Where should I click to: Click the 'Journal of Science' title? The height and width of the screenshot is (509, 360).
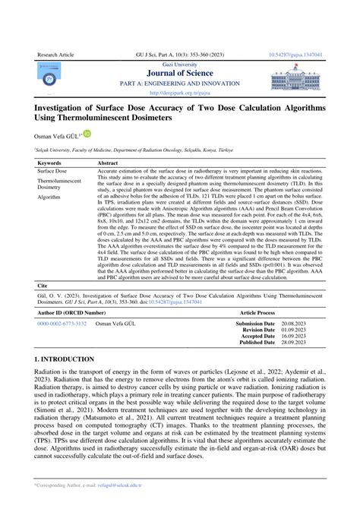coord(179,73)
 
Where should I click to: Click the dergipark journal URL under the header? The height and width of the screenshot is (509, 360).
coord(179,93)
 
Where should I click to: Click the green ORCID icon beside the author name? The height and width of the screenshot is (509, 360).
coord(87,134)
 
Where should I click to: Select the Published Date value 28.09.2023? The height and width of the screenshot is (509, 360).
coord(295,343)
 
